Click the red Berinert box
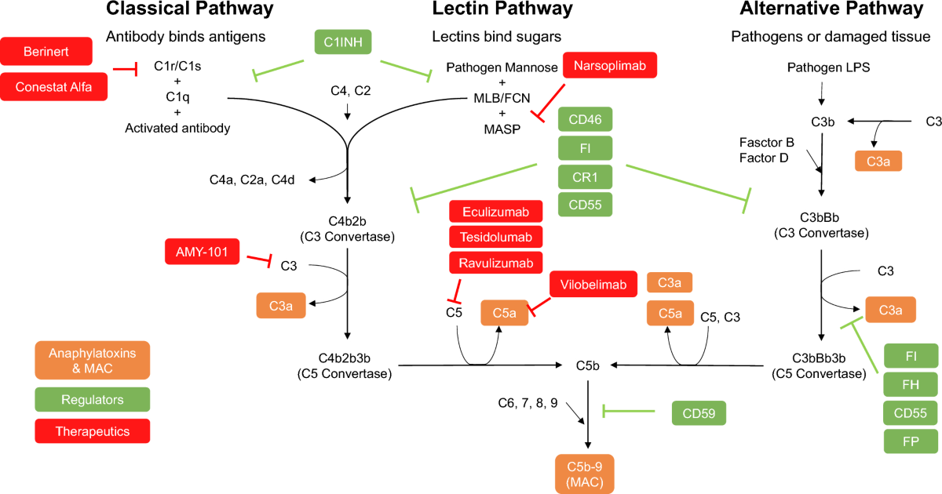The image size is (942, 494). tap(46, 51)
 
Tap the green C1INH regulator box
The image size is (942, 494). tap(340, 41)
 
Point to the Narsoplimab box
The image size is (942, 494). tap(609, 67)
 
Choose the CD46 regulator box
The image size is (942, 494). tap(585, 121)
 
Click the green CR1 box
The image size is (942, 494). tap(585, 176)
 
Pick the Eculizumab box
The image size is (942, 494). tap(495, 212)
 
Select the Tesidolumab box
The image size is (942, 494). tap(495, 237)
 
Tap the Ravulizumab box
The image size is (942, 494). tap(495, 263)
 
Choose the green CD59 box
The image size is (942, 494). tap(699, 412)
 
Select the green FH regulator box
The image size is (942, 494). tap(911, 384)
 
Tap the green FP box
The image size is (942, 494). tap(911, 441)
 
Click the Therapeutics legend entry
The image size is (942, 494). tap(93, 430)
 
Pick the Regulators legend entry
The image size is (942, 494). tap(93, 400)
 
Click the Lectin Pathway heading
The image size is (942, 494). tap(502, 9)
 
